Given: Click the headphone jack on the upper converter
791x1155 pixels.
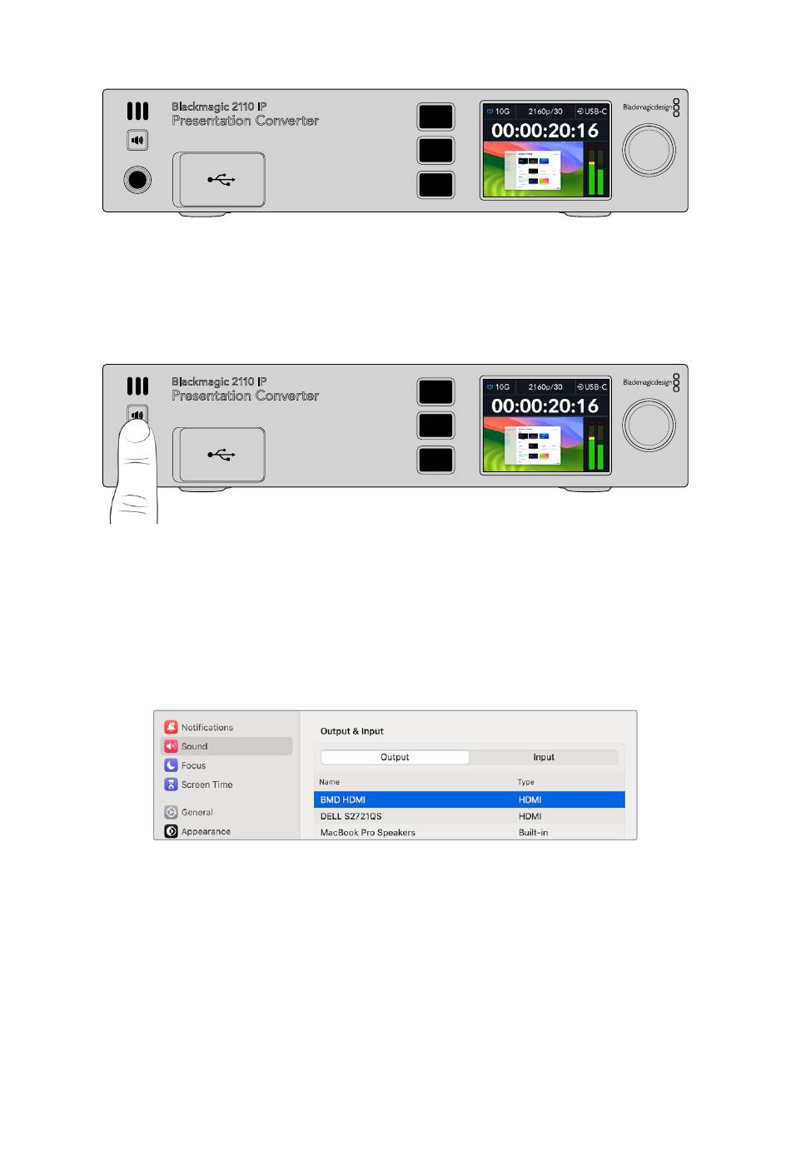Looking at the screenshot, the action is tap(137, 179).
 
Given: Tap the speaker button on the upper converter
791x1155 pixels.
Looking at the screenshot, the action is tap(137, 140).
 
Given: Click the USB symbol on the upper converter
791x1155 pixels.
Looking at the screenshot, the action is tap(221, 179).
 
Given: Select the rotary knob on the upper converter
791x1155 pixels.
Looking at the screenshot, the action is tap(649, 150).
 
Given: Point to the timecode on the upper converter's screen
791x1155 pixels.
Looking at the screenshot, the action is tap(545, 131).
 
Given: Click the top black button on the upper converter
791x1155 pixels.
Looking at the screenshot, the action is tap(435, 117).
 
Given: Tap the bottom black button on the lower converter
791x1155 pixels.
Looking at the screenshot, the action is tap(435, 460).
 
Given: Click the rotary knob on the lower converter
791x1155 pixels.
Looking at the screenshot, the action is tap(649, 425).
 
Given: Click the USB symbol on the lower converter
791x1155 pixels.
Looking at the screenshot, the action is tap(221, 455).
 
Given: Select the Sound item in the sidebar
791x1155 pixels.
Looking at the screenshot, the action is tap(195, 746).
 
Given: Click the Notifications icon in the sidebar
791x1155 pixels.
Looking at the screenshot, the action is tap(171, 727).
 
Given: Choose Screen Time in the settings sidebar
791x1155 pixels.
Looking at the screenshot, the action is tap(206, 784).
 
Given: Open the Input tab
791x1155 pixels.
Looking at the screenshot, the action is tap(544, 757).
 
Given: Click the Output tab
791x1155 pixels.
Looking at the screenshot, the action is tap(395, 757).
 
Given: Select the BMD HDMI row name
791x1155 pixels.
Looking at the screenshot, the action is tap(343, 799).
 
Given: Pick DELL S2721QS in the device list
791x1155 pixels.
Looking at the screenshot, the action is tap(351, 816).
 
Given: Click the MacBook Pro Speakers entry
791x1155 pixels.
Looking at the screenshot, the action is tap(367, 832).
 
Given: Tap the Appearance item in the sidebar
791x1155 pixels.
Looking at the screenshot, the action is tap(206, 831).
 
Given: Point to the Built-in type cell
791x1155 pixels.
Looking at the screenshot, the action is tap(533, 832).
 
